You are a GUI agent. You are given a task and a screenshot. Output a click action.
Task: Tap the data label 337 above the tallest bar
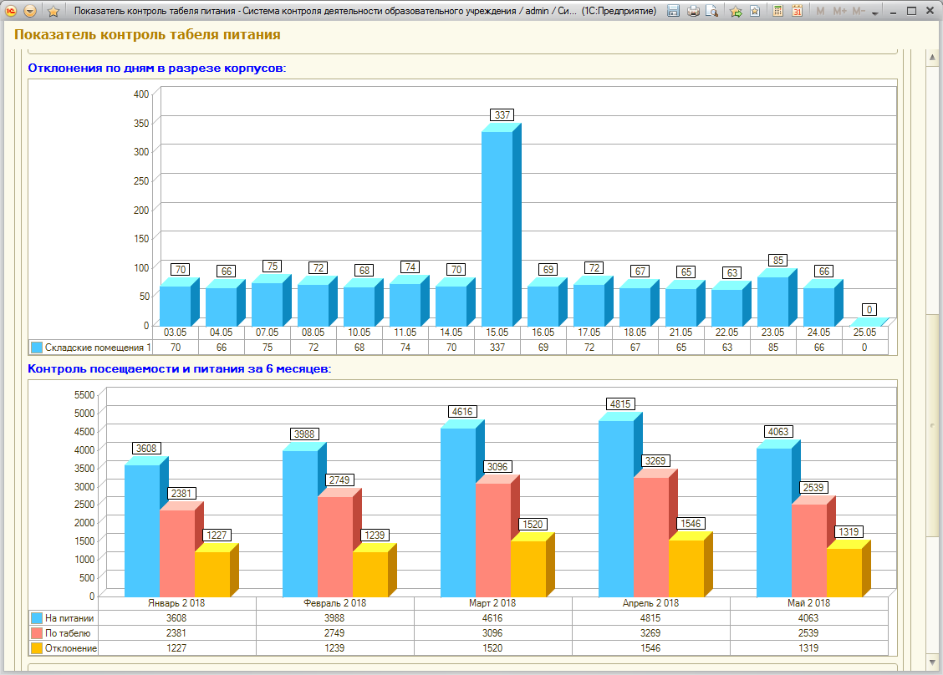(502, 114)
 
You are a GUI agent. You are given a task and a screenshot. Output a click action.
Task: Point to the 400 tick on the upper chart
(141, 94)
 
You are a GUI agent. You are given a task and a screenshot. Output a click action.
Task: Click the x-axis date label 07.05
(267, 332)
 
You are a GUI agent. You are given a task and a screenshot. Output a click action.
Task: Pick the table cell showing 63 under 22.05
(727, 348)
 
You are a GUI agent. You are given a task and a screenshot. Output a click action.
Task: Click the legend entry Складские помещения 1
(91, 348)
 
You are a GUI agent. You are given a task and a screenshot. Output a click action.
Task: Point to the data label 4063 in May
(778, 432)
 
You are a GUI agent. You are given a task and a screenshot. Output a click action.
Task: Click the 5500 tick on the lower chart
(84, 395)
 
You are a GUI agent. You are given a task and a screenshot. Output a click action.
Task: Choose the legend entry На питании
(63, 618)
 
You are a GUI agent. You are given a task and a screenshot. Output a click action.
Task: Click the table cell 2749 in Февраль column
(334, 633)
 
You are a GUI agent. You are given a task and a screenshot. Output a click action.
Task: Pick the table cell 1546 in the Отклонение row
(650, 648)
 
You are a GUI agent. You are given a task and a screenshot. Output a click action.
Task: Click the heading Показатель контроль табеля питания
(147, 34)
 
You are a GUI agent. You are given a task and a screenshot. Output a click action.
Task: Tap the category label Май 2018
(809, 603)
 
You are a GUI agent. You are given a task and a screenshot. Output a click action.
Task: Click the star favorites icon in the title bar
(53, 11)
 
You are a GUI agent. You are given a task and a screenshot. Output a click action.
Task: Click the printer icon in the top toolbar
(693, 11)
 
